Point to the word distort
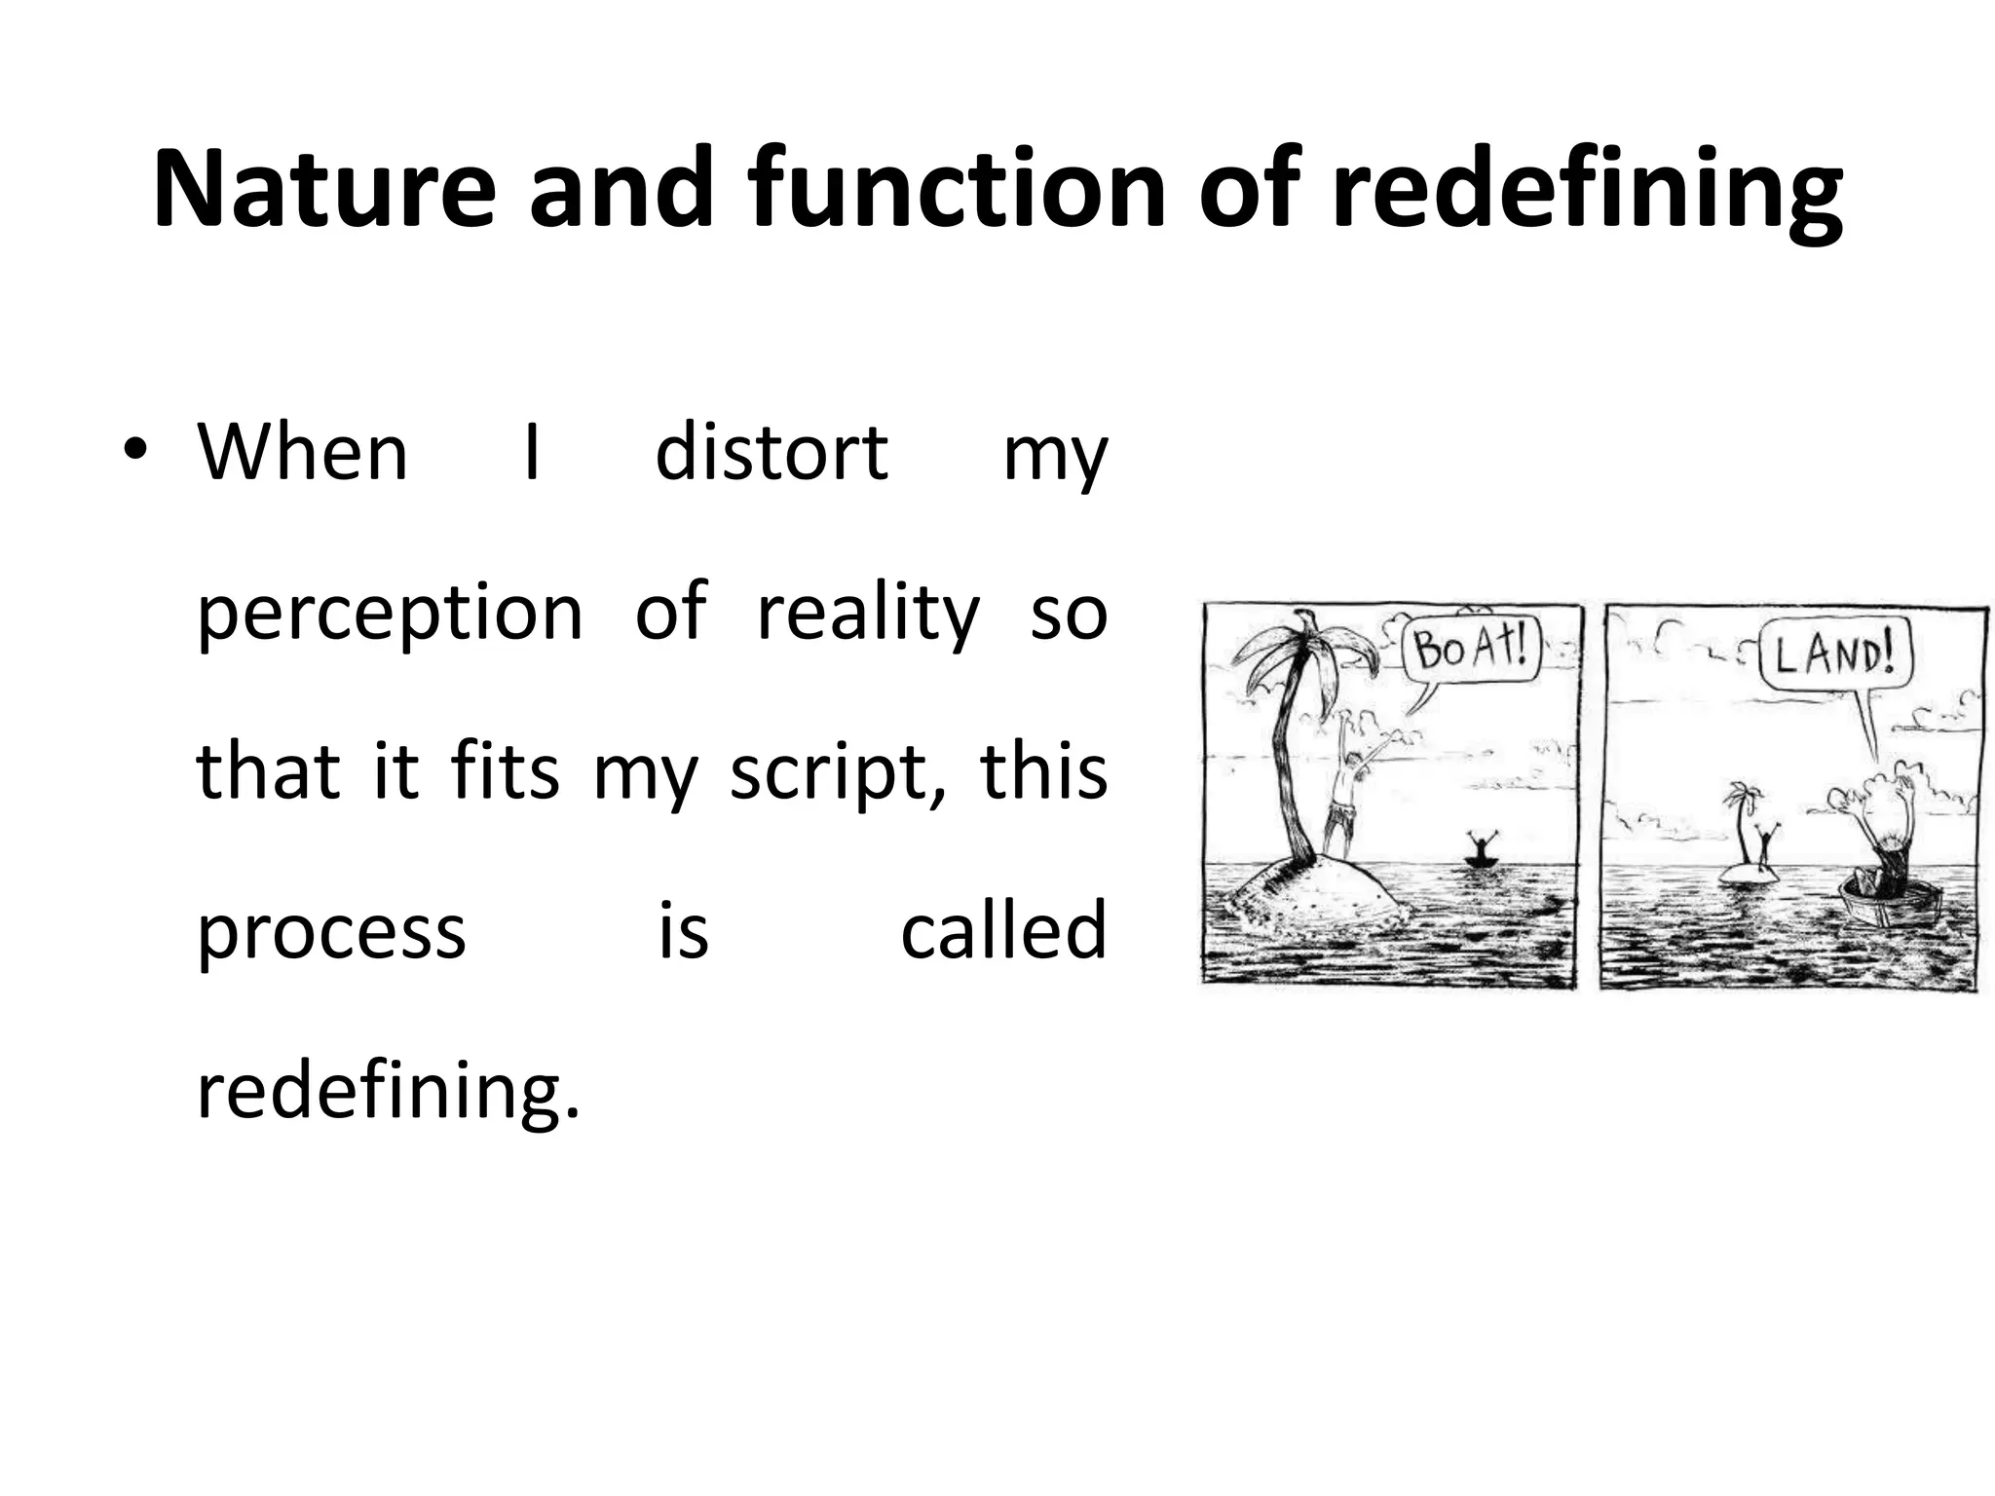pos(771,453)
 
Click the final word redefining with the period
pos(388,1091)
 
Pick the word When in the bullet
pos(302,453)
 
